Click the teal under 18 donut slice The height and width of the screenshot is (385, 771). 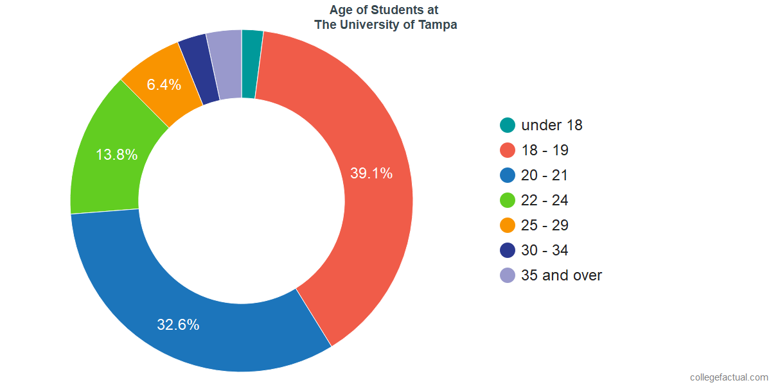[252, 64]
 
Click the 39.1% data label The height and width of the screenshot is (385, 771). [371, 173]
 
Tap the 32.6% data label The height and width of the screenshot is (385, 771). [178, 325]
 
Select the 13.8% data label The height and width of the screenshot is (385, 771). [116, 155]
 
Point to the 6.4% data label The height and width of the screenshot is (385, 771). [164, 84]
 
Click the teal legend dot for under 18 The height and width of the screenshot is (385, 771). [508, 125]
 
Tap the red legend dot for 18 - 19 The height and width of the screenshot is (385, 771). [508, 150]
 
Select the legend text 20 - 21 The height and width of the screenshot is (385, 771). [545, 175]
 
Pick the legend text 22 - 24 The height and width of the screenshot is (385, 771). [545, 200]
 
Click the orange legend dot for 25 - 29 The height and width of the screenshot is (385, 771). [508, 225]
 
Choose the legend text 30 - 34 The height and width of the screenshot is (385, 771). [545, 250]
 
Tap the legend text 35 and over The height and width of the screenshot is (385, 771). [562, 275]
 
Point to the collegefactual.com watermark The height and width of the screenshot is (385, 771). [729, 377]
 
